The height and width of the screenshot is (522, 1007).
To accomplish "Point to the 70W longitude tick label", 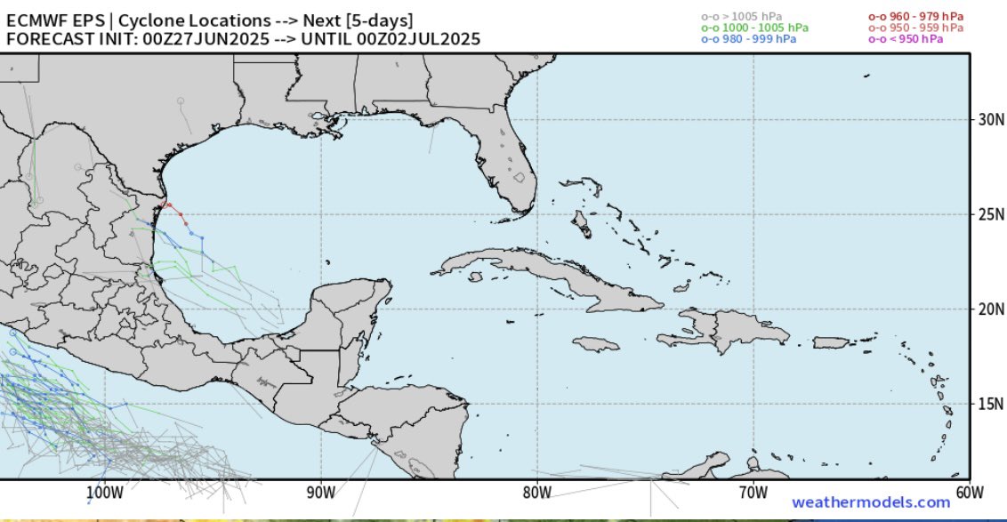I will (x=753, y=493).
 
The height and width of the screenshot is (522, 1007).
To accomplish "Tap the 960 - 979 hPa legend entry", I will (x=915, y=16).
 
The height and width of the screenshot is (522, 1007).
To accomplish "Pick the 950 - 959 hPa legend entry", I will (x=915, y=28).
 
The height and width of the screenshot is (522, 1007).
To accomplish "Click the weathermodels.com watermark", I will (x=871, y=502).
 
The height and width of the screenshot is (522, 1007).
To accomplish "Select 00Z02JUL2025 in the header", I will (x=418, y=38).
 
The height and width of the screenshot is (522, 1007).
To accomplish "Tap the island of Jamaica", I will (x=595, y=343).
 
